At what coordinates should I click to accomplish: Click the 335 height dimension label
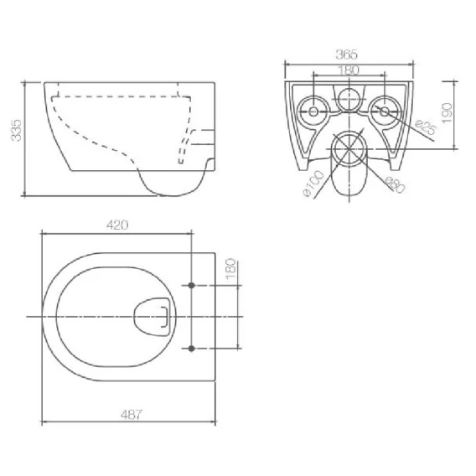click(x=16, y=130)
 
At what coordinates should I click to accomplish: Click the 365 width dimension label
click(x=347, y=54)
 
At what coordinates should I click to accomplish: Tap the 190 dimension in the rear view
click(x=448, y=113)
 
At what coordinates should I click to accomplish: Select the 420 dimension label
click(x=117, y=225)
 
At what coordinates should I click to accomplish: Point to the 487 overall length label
click(x=132, y=414)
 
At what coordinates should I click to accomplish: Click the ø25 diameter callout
click(x=426, y=127)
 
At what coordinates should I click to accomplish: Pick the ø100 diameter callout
click(x=313, y=184)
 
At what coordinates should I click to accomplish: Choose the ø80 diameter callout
click(x=395, y=184)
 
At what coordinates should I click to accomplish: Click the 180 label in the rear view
click(x=348, y=70)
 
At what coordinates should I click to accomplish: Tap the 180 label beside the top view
click(x=231, y=269)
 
